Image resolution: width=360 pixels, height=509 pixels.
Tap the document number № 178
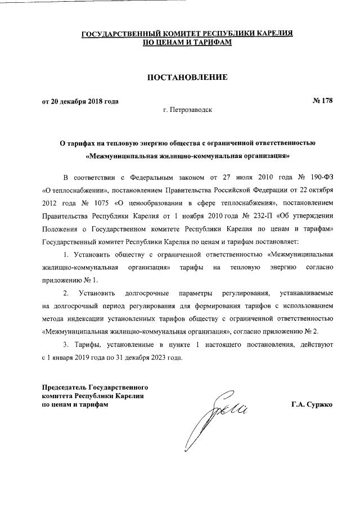[322, 101]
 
